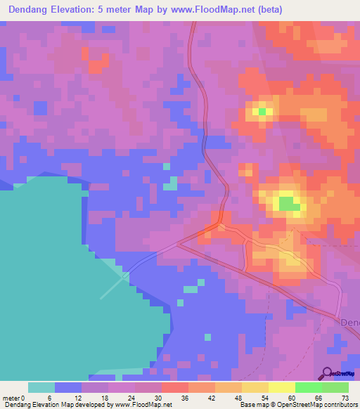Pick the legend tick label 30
(x=161, y=398)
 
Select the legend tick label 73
(x=344, y=398)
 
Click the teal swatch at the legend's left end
(x=41, y=387)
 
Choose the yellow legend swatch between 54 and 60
(x=281, y=387)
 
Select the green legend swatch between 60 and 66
(x=308, y=387)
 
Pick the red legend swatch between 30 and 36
(x=174, y=387)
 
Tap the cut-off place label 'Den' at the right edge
(x=349, y=323)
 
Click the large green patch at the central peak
(x=287, y=204)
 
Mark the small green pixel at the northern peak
(x=262, y=111)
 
